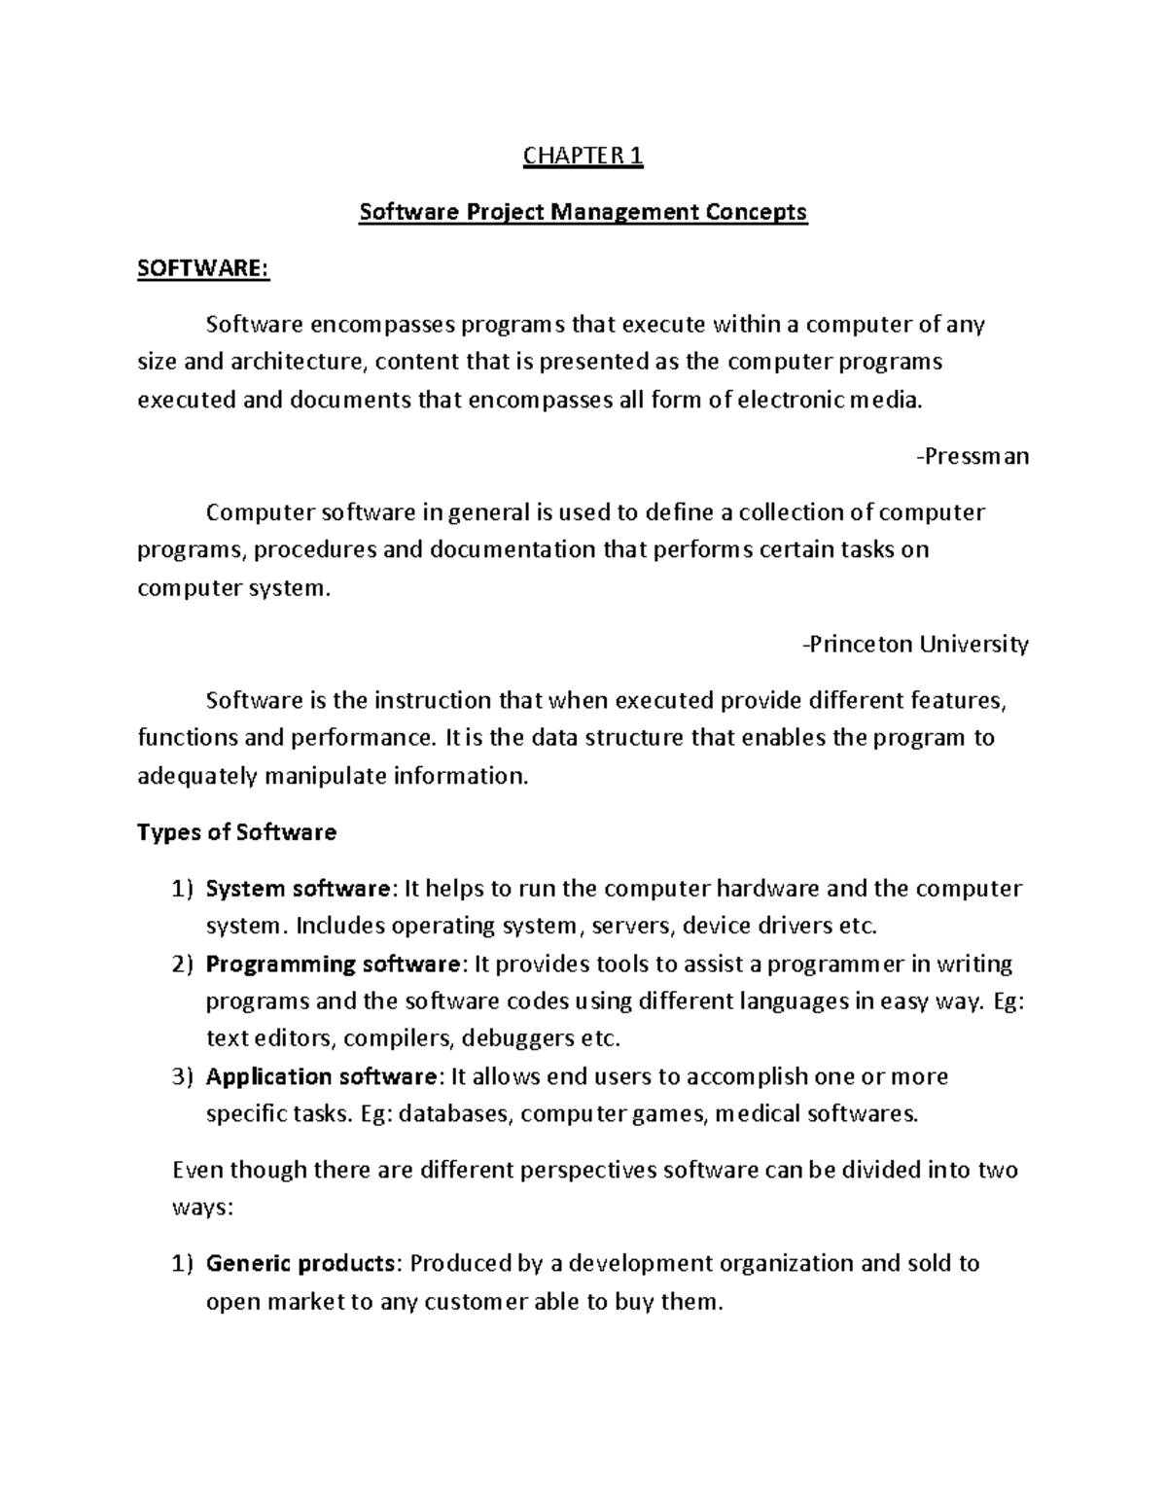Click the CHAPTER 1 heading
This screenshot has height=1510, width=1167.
coord(583,156)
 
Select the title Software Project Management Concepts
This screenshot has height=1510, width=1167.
coord(583,212)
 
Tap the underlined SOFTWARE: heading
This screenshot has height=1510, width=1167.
coord(203,268)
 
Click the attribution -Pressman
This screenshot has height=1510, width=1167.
coord(972,456)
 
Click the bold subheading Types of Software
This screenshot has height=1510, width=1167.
coord(236,832)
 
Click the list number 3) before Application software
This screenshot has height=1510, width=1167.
coord(183,1076)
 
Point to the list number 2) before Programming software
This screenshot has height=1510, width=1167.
coord(183,965)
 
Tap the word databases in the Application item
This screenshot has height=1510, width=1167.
coord(454,1114)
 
